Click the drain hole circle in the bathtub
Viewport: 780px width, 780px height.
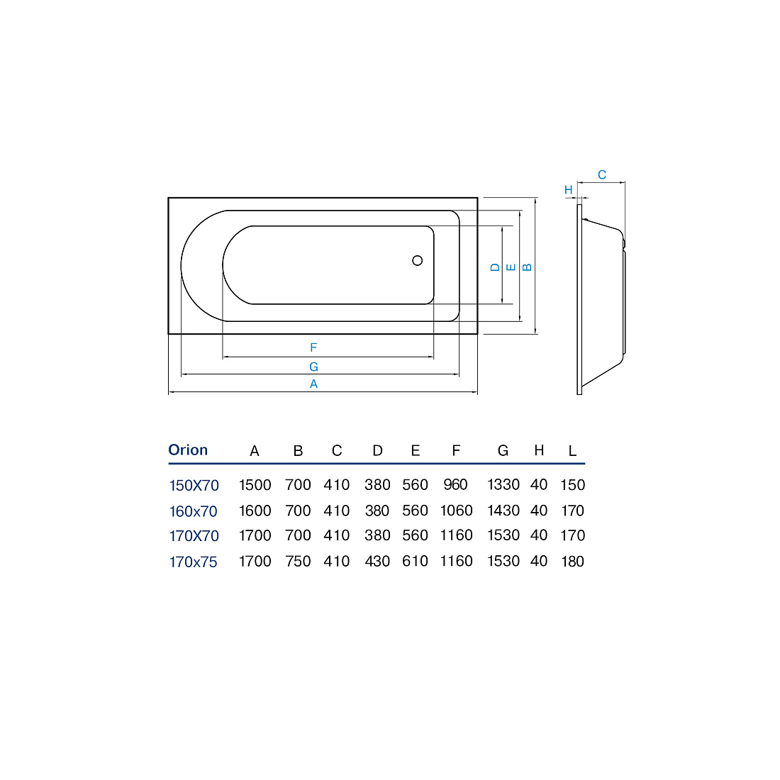point(418,260)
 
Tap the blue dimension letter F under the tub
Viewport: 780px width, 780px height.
point(313,347)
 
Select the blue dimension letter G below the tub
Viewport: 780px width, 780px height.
point(313,367)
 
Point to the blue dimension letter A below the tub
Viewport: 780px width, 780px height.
point(313,384)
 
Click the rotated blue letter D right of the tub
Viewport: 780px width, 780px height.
point(495,267)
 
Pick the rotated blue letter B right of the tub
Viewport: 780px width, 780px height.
point(528,267)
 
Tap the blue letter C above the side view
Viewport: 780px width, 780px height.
point(602,174)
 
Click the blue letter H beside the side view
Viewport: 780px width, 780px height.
point(569,189)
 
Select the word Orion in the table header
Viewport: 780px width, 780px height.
point(188,450)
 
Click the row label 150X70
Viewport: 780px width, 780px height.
point(194,485)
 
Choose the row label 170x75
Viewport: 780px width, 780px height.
point(194,562)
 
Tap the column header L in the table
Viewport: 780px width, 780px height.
point(572,451)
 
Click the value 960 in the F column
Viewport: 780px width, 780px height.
point(456,484)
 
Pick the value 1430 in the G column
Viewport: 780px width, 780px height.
point(503,511)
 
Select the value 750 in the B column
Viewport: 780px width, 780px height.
point(298,561)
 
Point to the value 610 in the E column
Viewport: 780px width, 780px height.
point(415,561)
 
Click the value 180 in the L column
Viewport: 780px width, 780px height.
point(572,561)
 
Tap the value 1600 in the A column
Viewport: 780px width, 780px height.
point(255,511)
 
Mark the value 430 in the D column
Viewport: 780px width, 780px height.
point(377,561)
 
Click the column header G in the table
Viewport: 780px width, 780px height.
point(503,451)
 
